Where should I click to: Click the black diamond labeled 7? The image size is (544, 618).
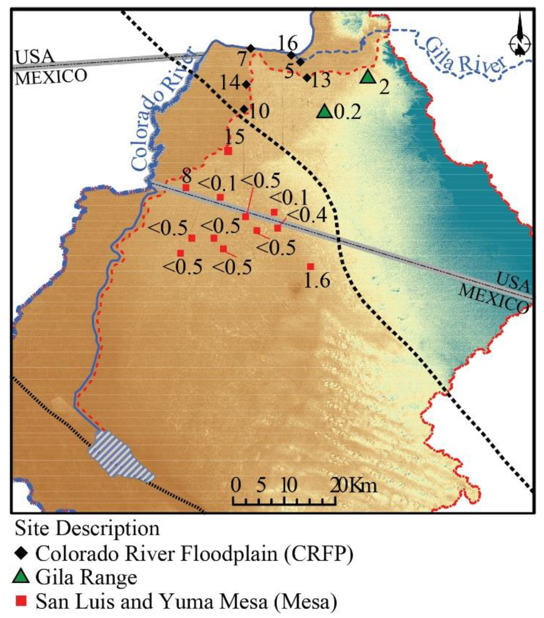(251, 48)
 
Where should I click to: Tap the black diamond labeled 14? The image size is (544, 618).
(246, 84)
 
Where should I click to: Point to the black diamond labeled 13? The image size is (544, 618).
(307, 78)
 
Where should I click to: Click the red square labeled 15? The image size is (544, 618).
(228, 151)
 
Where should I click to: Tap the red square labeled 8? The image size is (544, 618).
(186, 187)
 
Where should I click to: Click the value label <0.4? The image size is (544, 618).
(306, 215)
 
